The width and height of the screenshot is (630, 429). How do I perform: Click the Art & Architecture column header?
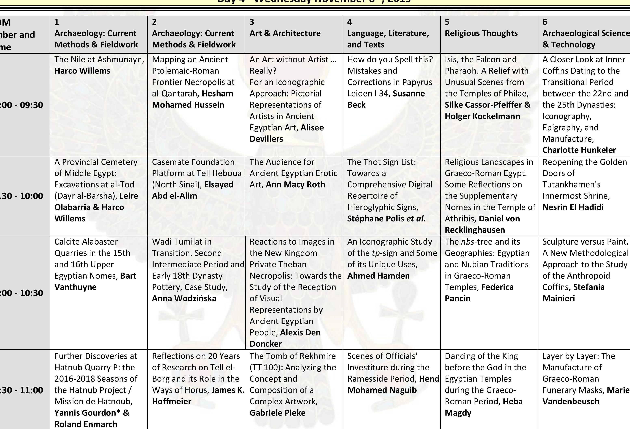[x=285, y=33]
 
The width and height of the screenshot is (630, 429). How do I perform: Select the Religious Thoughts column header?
[x=481, y=33]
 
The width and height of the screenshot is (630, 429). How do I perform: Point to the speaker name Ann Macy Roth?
[x=295, y=184]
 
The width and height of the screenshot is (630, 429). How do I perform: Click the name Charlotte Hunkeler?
[x=579, y=150]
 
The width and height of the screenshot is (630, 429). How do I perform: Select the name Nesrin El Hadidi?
[x=573, y=207]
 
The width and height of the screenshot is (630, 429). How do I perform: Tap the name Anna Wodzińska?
[x=184, y=299]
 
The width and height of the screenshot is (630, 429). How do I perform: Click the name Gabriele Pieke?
[x=277, y=413]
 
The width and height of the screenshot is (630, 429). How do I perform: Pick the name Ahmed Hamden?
[x=378, y=276]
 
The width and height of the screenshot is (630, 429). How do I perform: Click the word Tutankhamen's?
[x=571, y=184]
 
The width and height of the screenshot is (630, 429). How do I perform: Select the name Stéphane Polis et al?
[x=386, y=219]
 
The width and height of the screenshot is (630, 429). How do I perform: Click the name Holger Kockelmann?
[x=482, y=116]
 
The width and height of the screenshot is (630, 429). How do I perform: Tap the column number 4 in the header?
[x=350, y=22]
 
